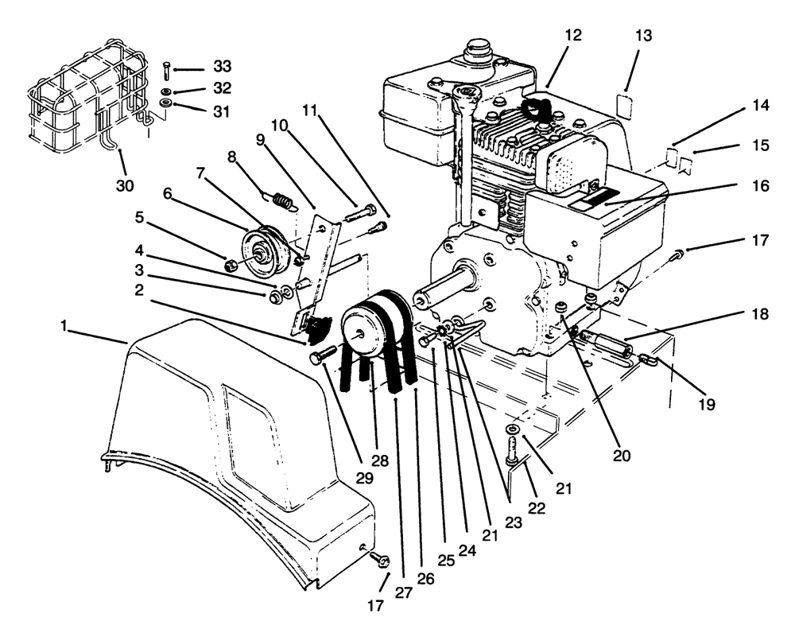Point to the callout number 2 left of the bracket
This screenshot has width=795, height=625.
click(139, 291)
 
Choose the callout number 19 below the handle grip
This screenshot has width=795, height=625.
click(708, 404)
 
